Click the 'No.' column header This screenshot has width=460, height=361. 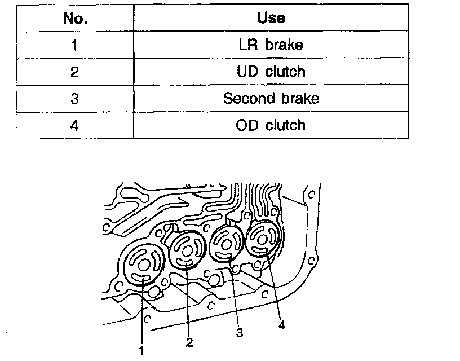[x=75, y=18]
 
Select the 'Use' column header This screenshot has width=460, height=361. [x=271, y=18]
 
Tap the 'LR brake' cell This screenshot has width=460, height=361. [x=271, y=45]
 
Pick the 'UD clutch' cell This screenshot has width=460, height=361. [x=271, y=72]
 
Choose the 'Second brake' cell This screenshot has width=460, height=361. [x=271, y=99]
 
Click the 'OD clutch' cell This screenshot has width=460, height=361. [x=271, y=125]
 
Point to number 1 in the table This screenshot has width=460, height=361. [x=75, y=45]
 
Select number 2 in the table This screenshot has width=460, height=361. [x=75, y=72]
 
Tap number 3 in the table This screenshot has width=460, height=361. [x=75, y=99]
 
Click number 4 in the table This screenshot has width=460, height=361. [x=75, y=125]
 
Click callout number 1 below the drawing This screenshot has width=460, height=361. [x=141, y=350]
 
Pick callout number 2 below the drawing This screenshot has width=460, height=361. [x=189, y=342]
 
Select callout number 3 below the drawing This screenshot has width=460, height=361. [x=240, y=333]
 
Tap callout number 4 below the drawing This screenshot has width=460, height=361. [x=281, y=325]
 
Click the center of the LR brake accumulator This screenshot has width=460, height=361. [x=143, y=265]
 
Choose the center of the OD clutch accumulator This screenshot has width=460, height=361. [x=261, y=237]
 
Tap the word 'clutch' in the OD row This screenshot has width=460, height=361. [x=285, y=125]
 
